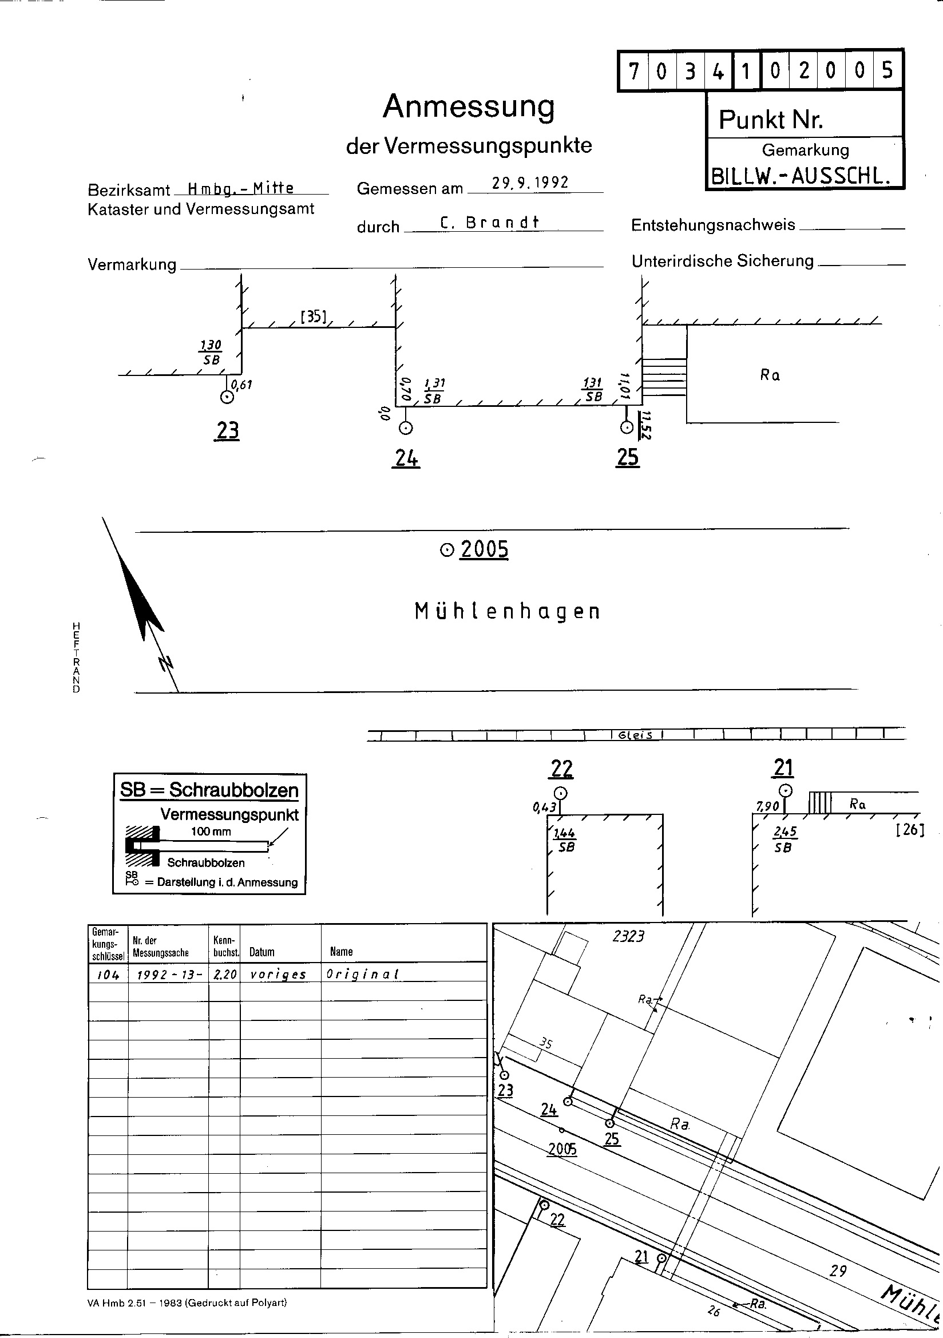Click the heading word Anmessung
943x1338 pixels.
[469, 107]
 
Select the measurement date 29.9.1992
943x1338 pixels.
[530, 183]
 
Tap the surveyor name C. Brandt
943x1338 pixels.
[490, 223]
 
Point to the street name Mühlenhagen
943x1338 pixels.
[507, 612]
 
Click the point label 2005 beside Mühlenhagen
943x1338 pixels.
[484, 549]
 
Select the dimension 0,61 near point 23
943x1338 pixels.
[242, 385]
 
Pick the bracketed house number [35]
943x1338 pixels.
[314, 316]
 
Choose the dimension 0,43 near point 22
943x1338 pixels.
[543, 807]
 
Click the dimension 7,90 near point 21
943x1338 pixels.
[767, 806]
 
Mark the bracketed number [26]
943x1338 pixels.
[910, 829]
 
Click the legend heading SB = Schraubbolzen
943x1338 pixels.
[209, 790]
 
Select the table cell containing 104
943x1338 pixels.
[108, 974]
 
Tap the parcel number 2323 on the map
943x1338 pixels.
[628, 936]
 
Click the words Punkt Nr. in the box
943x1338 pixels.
[771, 120]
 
